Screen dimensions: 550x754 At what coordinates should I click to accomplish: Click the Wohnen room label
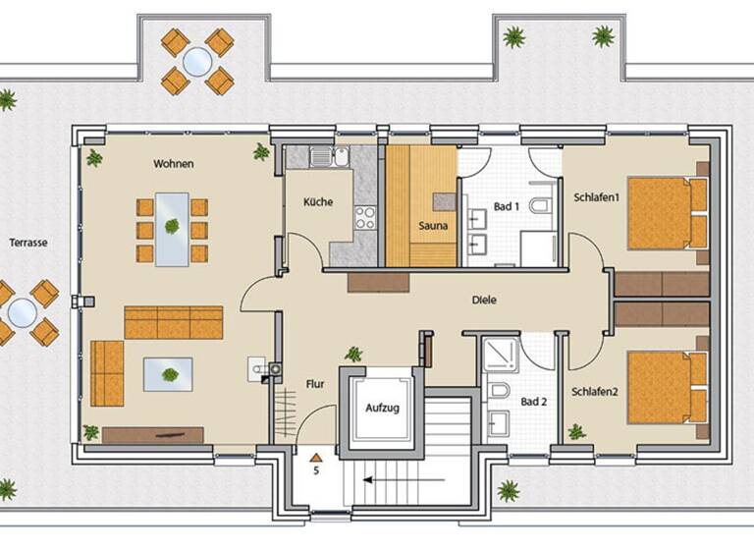coord(173,163)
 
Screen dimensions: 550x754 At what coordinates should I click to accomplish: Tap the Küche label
coord(318,202)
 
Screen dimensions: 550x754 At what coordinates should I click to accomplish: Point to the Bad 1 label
coord(507,207)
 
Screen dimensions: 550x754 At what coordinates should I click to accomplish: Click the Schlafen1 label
coord(597,197)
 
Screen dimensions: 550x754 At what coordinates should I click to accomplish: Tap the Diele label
coord(483,301)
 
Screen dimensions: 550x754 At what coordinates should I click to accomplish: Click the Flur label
coord(316,384)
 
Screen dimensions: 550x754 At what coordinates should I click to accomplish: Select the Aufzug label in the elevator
coord(383,408)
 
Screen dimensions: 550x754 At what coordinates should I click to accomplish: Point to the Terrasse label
coord(29,242)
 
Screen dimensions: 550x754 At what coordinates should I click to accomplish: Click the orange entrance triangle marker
coord(315,457)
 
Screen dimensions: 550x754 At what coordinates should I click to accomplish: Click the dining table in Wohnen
coord(172,229)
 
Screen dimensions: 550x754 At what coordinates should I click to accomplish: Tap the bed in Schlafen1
coord(667,213)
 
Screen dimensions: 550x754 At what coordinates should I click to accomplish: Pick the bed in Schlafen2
coord(667,387)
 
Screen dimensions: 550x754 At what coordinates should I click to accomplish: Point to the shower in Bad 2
coord(501,354)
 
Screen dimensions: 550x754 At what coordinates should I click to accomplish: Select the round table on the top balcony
coord(196,62)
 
